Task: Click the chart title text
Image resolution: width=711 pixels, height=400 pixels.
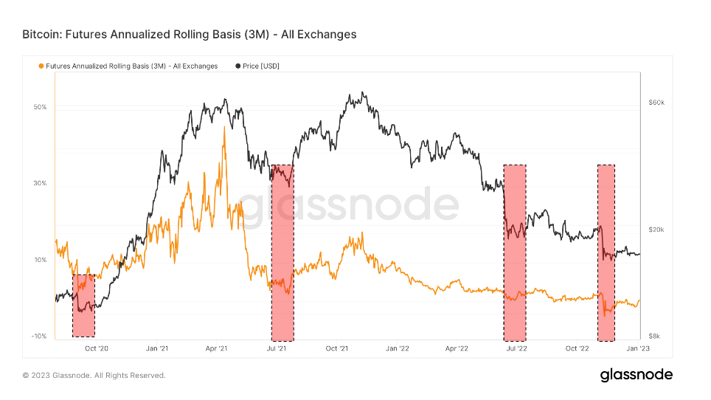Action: [x=190, y=34]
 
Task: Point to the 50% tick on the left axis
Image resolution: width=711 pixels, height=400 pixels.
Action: [x=40, y=107]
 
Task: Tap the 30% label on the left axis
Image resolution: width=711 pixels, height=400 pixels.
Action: [x=40, y=183]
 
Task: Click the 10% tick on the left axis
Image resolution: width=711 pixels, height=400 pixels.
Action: [x=40, y=260]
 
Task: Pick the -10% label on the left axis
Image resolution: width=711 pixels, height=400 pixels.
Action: [x=39, y=336]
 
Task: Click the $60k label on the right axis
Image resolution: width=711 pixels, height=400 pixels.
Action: [x=656, y=103]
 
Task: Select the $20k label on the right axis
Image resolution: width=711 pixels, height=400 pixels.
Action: [x=656, y=230]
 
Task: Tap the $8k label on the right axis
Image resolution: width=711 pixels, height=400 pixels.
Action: [x=655, y=336]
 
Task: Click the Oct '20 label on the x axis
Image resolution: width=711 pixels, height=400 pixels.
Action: [x=97, y=348]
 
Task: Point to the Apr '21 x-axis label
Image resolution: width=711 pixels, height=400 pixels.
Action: [x=215, y=348]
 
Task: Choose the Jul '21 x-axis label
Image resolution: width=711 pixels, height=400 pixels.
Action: [x=276, y=348]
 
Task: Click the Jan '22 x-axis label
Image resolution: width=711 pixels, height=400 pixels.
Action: [x=397, y=348]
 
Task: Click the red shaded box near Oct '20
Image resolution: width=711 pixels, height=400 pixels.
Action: [x=83, y=306]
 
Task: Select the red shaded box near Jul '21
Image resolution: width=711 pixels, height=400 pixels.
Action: [x=282, y=250]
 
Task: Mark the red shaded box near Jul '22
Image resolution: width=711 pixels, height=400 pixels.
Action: [x=515, y=250]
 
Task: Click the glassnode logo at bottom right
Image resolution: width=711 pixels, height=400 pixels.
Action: [x=636, y=375]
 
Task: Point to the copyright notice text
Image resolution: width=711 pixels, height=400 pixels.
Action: [x=94, y=376]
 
